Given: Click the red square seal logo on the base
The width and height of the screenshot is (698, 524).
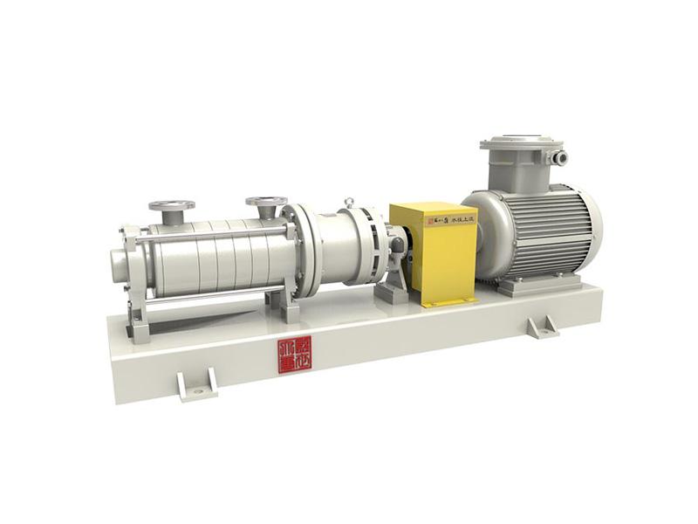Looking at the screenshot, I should click(295, 354).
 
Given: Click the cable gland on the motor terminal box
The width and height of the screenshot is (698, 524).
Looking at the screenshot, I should click(559, 158).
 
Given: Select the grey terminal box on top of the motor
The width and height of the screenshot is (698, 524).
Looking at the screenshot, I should click(521, 162).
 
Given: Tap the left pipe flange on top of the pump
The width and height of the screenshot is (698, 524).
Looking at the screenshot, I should click(171, 207).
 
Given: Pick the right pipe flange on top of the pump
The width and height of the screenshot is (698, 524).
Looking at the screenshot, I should click(266, 203).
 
